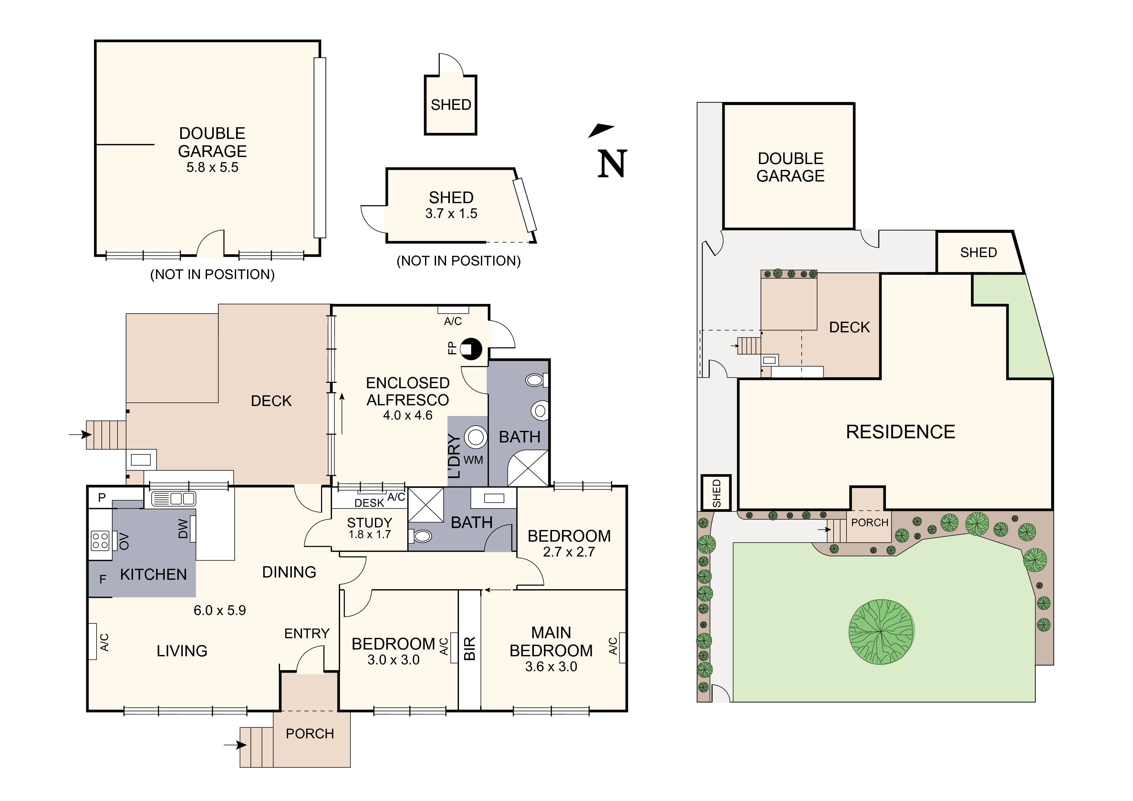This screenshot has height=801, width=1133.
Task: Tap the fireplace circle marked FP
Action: (x=471, y=349)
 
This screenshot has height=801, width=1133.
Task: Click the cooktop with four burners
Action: (x=100, y=540)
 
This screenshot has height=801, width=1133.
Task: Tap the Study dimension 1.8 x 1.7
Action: (x=369, y=535)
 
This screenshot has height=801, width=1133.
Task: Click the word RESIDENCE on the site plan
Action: (x=900, y=432)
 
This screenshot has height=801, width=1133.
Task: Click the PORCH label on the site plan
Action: (x=869, y=523)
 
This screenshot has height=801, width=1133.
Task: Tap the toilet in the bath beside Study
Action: (x=421, y=536)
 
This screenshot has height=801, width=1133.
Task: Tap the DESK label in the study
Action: (x=369, y=503)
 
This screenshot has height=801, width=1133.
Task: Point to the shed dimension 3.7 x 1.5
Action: (x=451, y=214)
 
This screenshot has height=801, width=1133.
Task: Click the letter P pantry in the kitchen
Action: (x=102, y=497)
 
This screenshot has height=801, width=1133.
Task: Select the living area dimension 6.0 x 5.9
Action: (x=220, y=610)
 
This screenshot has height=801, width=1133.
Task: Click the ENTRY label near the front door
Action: (x=307, y=634)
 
